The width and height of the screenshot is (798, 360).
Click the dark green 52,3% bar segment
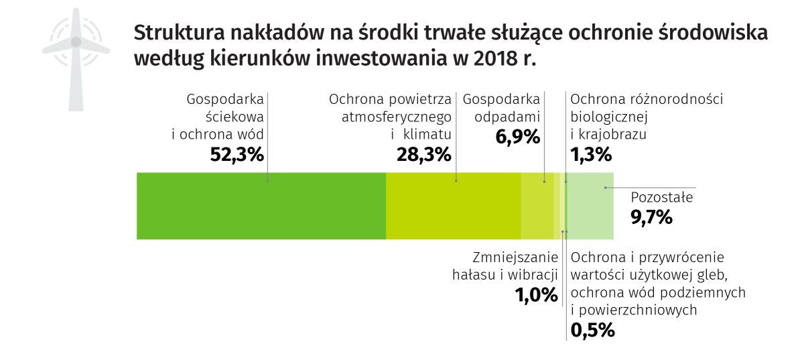coord(261,206)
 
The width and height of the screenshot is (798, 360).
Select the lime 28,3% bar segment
coord(453,206)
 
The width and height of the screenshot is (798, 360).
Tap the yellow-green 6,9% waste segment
coord(537,206)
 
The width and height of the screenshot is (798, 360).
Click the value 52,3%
coord(237,155)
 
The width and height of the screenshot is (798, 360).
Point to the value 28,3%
coord(422,155)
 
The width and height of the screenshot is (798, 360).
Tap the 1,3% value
coord(591,155)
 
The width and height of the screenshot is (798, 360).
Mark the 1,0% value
coord(536,295)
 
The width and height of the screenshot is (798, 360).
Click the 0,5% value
coord(592,330)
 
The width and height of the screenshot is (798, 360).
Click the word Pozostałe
coord(662,198)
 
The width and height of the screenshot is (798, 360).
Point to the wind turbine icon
coord(76,57)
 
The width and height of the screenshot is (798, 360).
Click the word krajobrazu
coord(608,134)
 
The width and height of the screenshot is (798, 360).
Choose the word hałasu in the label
coord(474,275)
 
